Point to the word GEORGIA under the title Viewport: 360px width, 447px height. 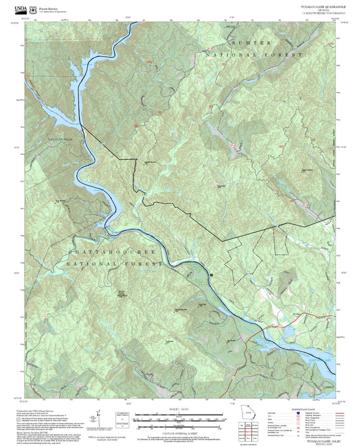327,9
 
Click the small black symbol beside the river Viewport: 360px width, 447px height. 211,275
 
